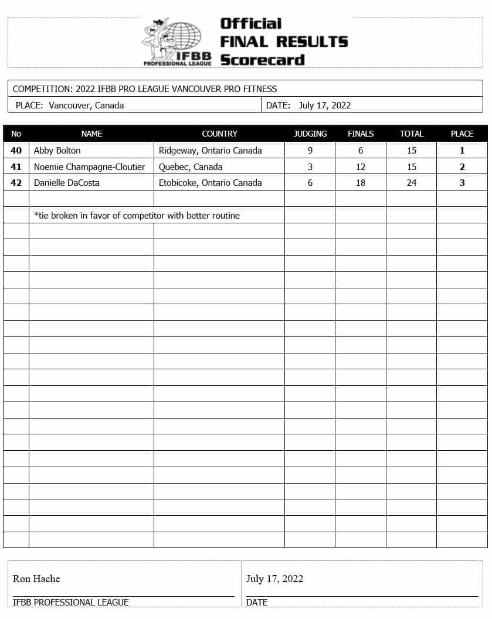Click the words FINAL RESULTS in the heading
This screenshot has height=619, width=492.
(284, 42)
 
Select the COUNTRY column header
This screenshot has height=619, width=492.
(219, 134)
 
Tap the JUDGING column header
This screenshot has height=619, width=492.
(310, 134)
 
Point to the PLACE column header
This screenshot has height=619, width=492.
(462, 134)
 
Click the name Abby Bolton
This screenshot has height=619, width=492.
(57, 151)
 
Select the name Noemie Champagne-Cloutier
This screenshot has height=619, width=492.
(89, 167)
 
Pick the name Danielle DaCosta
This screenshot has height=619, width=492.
(67, 183)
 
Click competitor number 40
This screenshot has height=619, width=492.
(16, 151)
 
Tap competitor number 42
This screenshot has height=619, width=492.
(16, 183)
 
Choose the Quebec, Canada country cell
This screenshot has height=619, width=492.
(191, 167)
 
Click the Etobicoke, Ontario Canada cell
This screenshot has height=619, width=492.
(210, 183)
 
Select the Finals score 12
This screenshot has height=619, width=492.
(361, 167)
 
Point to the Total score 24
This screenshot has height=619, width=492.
(412, 183)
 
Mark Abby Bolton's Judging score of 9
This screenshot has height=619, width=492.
(310, 151)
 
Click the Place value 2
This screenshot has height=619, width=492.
(462, 167)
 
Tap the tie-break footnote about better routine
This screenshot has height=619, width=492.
(137, 216)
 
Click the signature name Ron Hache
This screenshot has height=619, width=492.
(36, 579)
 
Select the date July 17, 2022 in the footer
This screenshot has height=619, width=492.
(274, 579)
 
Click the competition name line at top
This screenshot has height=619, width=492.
(145, 89)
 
